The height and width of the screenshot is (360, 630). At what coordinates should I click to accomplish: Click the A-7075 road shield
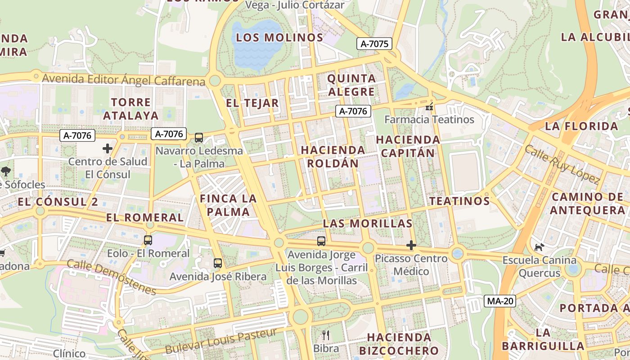click(x=374, y=44)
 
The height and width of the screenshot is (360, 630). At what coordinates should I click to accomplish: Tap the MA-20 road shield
click(x=500, y=301)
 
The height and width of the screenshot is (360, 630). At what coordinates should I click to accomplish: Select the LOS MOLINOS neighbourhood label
click(x=279, y=37)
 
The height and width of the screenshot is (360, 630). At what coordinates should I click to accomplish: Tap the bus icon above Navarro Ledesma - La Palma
click(x=199, y=138)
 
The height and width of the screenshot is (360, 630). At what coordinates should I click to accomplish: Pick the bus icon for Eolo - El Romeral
click(x=148, y=240)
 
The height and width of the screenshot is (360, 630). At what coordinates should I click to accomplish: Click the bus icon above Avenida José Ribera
click(x=218, y=263)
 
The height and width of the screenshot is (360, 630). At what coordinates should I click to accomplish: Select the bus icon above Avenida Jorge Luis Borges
click(x=321, y=241)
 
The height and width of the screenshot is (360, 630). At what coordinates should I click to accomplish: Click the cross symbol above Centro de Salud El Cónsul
click(x=108, y=148)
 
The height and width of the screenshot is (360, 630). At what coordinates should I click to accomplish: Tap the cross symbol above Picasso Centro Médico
click(x=411, y=245)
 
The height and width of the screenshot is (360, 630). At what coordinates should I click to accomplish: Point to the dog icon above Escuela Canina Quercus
click(x=539, y=247)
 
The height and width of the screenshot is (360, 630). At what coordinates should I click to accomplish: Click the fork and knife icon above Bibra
click(x=326, y=335)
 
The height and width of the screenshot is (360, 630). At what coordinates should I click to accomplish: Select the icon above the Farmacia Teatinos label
click(x=429, y=107)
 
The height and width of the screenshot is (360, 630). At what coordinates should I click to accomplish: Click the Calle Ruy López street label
click(x=562, y=165)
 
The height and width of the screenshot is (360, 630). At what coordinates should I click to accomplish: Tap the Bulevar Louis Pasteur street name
click(x=220, y=342)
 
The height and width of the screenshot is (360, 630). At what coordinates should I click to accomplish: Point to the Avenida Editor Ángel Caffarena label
click(x=124, y=80)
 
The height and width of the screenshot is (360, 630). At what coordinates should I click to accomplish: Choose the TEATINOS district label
click(x=459, y=201)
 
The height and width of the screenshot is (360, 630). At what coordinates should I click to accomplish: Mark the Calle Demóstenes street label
click(x=111, y=277)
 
